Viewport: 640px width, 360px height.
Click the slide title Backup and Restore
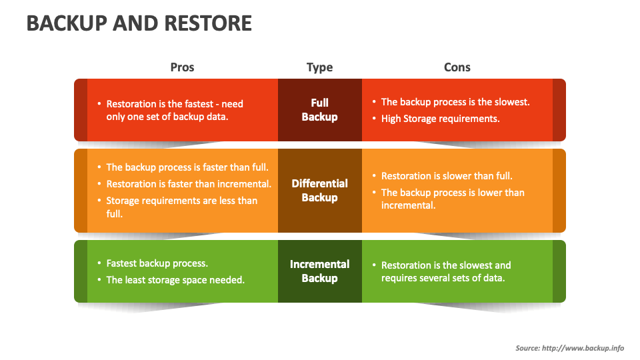coord(139,23)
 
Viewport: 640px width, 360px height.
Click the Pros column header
coord(182,67)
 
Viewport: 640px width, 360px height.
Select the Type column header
coord(319,67)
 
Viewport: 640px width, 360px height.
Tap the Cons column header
coord(457,67)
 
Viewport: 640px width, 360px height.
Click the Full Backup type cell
coord(320,110)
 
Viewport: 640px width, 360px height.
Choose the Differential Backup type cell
coord(320,191)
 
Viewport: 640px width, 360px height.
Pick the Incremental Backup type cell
coord(320,271)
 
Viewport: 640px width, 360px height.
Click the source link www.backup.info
coord(583,348)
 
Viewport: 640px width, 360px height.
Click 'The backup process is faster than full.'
coord(187,167)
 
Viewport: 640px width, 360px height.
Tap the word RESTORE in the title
coord(208,23)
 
